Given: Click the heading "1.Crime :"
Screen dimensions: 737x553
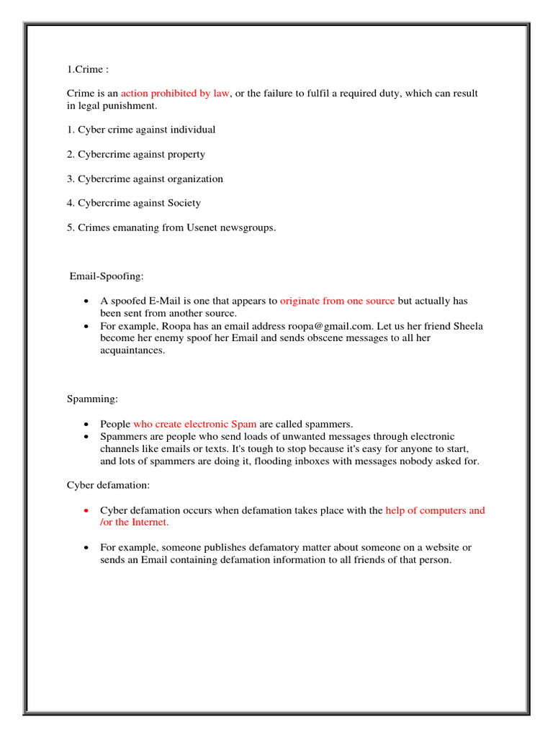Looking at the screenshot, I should [x=87, y=70].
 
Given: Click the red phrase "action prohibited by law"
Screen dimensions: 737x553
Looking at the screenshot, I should [x=175, y=94].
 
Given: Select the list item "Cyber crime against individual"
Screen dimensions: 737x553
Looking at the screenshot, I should [x=141, y=130].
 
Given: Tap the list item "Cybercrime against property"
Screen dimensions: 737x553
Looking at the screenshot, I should [x=136, y=155].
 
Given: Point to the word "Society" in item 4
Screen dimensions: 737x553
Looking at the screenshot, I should [x=185, y=204].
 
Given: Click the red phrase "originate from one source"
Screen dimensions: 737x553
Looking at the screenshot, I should [x=337, y=302].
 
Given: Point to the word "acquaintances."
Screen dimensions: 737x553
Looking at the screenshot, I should [x=132, y=351].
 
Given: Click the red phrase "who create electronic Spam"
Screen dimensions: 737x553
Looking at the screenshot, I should [x=194, y=424].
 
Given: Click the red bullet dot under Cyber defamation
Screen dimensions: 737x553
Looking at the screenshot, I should [x=86, y=511].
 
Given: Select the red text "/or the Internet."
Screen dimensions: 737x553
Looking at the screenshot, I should [x=134, y=523].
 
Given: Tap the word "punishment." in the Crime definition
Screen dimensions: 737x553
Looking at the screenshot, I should [x=131, y=106].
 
